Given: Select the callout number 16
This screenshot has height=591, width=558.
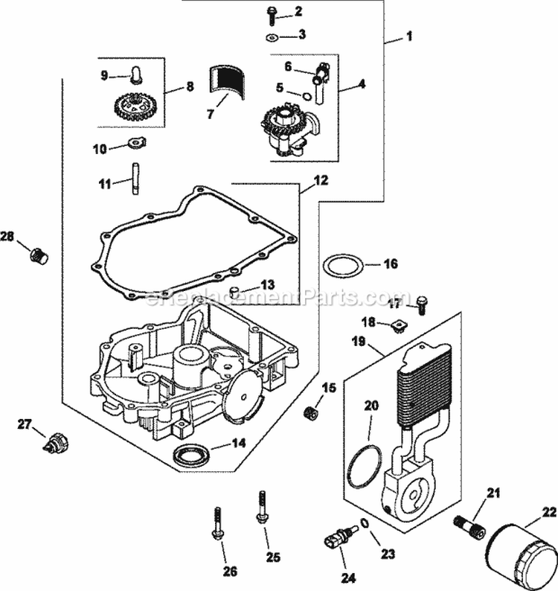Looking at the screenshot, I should (x=391, y=263).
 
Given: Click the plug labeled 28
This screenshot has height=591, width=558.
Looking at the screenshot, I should (x=38, y=256).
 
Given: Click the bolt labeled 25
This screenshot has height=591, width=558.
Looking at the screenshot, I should (x=262, y=509).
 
